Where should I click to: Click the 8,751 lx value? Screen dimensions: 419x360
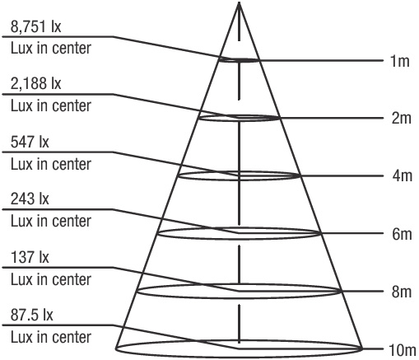[x=36, y=27]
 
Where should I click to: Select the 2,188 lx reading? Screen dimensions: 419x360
[x=36, y=83]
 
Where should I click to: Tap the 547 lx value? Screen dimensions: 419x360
[x=30, y=142]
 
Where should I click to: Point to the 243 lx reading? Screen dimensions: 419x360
[x=30, y=199]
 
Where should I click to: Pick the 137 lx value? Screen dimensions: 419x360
[x=30, y=257]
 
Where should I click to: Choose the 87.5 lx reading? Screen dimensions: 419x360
[x=32, y=315]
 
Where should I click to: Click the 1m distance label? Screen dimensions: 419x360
[x=400, y=61]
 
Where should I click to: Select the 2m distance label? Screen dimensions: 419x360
[x=401, y=119]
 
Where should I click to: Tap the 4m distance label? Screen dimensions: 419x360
[x=402, y=175]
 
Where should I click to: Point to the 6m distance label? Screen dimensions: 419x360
[x=402, y=234]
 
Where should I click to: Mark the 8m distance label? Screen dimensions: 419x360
[x=402, y=292]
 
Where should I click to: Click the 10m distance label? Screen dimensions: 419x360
[x=403, y=350]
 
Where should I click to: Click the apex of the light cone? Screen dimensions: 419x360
[x=240, y=2]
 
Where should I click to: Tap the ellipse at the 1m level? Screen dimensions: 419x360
[x=239, y=62]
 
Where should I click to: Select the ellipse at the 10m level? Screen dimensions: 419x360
[x=239, y=358]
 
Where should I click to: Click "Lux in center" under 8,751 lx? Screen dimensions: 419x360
[x=51, y=49]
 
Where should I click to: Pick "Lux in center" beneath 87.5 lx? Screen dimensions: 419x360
[x=51, y=337]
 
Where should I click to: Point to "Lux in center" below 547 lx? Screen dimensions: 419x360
[x=51, y=164]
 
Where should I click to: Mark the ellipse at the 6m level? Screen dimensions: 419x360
[x=239, y=239]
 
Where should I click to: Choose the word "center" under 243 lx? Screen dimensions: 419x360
[x=72, y=222]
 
